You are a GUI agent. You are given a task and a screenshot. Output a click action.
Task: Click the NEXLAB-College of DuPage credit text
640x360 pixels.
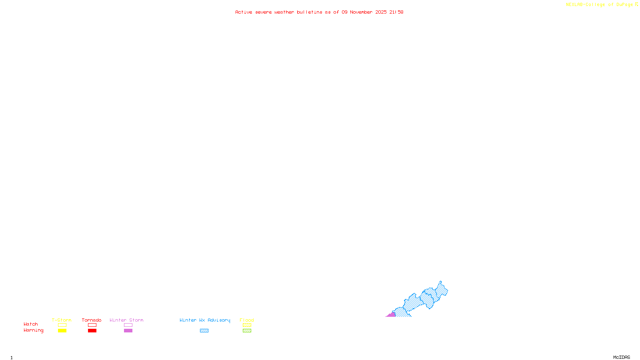pyautogui.click(x=599, y=5)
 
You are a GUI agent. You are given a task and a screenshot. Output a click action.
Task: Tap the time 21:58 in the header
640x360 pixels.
pyautogui.click(x=396, y=12)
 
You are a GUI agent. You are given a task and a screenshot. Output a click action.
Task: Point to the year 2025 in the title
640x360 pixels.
pyautogui.click(x=381, y=12)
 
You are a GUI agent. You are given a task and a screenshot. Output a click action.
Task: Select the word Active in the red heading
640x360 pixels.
pyautogui.click(x=244, y=12)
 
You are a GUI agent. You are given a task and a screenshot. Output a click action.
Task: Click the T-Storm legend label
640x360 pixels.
pyautogui.click(x=62, y=320)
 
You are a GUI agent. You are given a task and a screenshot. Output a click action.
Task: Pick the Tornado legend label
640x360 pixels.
pyautogui.click(x=92, y=320)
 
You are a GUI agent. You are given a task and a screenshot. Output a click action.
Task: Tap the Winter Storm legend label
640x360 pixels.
pyautogui.click(x=126, y=320)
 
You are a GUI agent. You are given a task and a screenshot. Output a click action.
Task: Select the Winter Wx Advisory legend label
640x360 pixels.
pyautogui.click(x=205, y=320)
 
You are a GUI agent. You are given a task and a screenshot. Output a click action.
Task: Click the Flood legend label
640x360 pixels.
pyautogui.click(x=247, y=320)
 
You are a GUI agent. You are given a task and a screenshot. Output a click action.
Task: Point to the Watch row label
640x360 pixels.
pyautogui.click(x=31, y=324)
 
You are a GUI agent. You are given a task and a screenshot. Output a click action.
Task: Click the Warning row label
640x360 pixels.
pyautogui.click(x=33, y=330)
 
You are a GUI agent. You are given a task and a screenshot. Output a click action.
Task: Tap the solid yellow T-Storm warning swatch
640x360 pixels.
pyautogui.click(x=62, y=331)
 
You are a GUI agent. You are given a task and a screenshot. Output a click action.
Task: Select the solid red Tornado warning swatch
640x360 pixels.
pyautogui.click(x=92, y=331)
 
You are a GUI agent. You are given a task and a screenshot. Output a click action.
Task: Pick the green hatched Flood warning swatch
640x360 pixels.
pyautogui.click(x=247, y=331)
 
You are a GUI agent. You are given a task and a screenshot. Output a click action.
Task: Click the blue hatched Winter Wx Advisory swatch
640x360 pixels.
pyautogui.click(x=204, y=331)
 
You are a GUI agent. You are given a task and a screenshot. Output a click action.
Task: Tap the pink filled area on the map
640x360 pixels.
pyautogui.click(x=391, y=315)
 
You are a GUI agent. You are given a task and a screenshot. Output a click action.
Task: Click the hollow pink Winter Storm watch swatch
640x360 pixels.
pyautogui.click(x=128, y=325)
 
